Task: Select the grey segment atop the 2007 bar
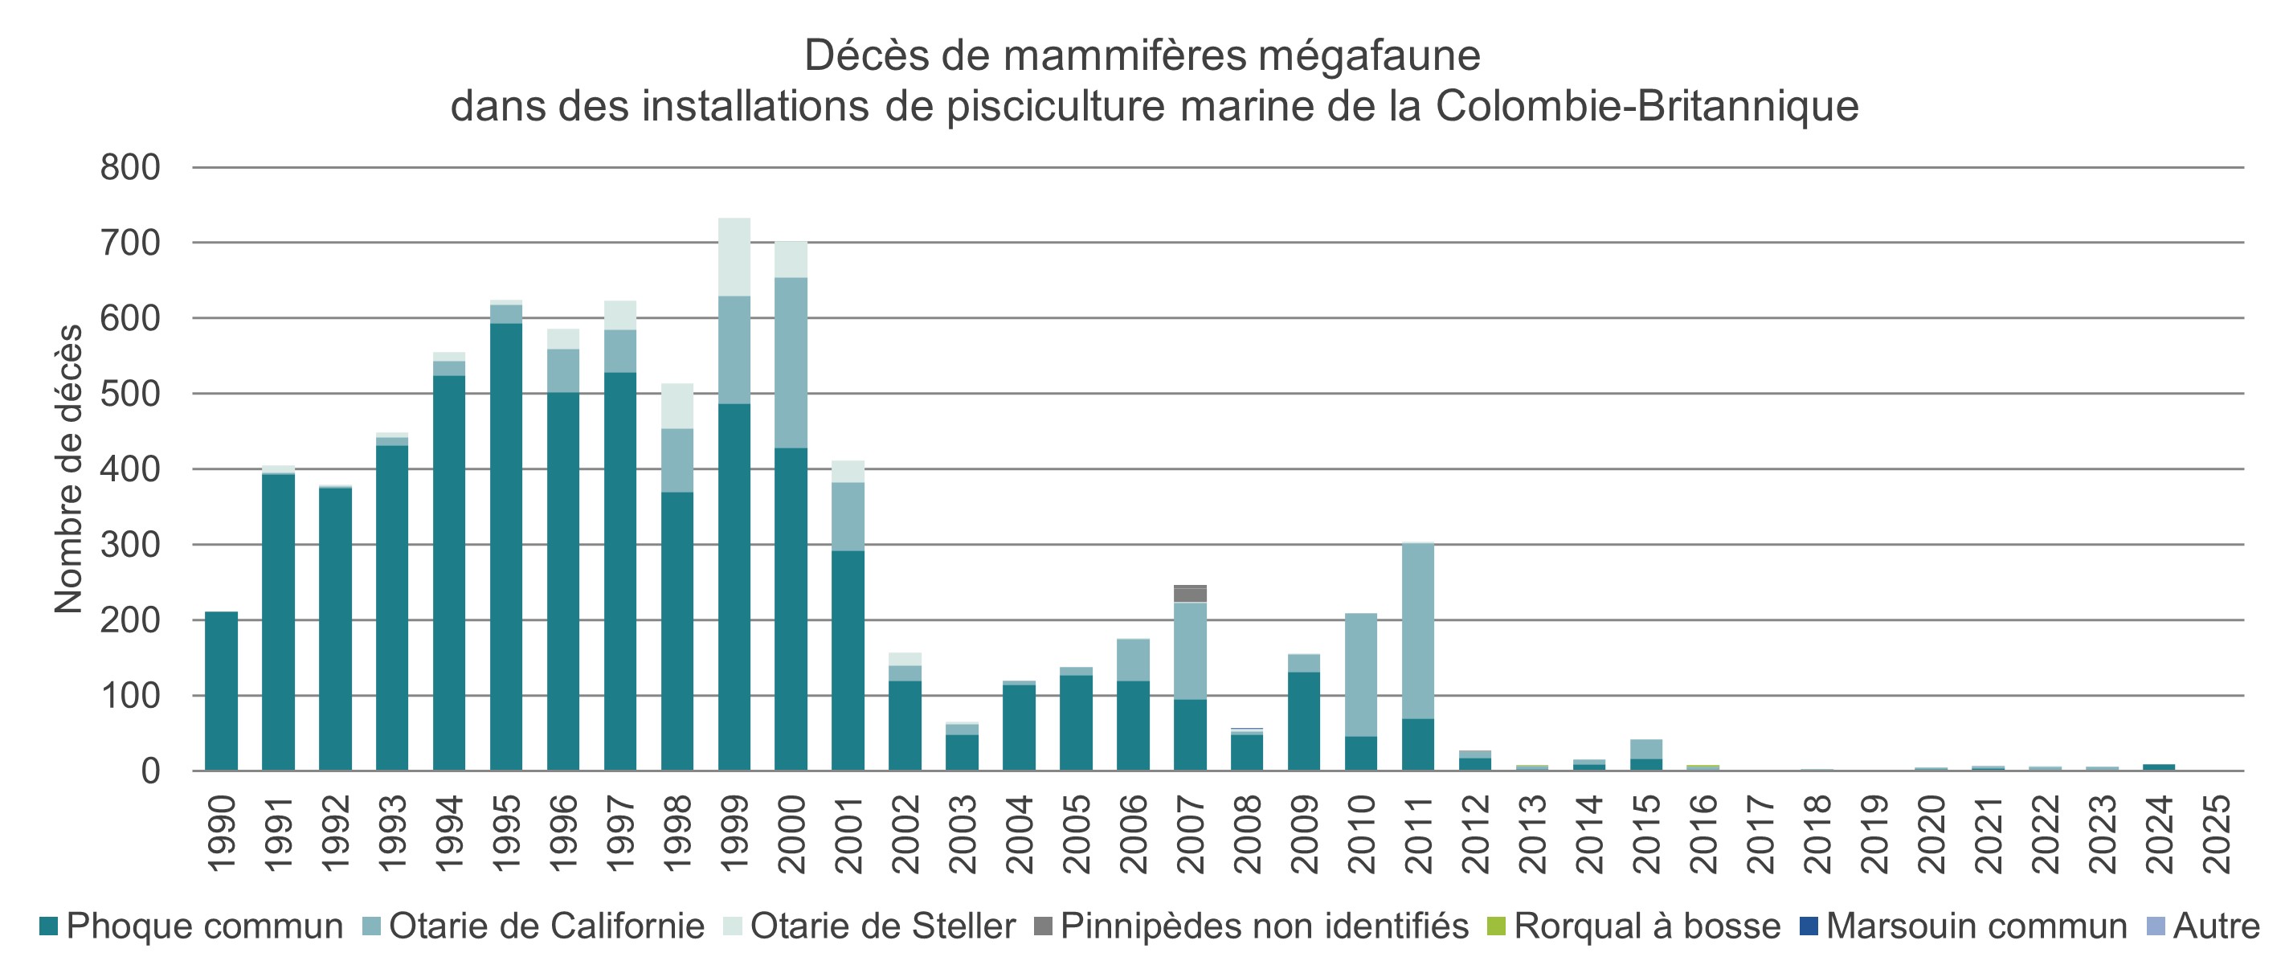click(x=1190, y=593)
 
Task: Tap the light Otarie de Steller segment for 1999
click(x=734, y=256)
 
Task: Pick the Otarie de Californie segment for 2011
click(x=1417, y=630)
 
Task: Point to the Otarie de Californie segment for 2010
click(x=1361, y=674)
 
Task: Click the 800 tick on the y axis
click(x=130, y=168)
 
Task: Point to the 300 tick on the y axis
click(x=130, y=545)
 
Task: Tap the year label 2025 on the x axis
click(x=2217, y=833)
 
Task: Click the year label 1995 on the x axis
click(x=506, y=833)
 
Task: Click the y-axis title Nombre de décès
click(x=68, y=468)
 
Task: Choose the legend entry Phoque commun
click(x=204, y=926)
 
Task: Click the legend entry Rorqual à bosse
click(x=1646, y=926)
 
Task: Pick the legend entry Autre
click(x=2216, y=926)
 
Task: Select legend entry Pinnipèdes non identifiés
click(x=1264, y=926)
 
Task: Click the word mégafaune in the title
click(x=1370, y=56)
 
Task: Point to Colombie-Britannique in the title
click(x=1646, y=106)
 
